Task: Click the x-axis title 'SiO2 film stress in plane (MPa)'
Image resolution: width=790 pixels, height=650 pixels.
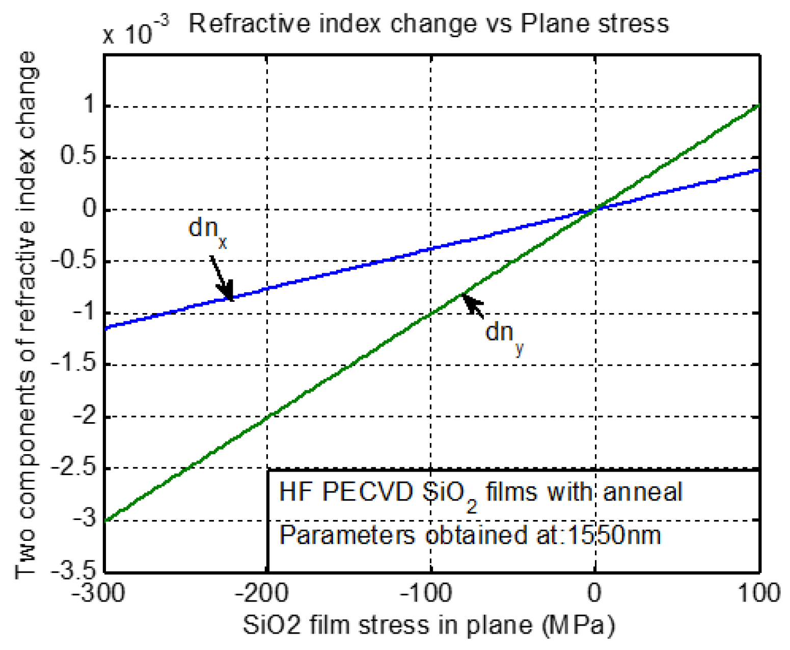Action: pyautogui.click(x=429, y=625)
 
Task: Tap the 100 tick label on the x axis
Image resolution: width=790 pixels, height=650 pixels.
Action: pyautogui.click(x=759, y=593)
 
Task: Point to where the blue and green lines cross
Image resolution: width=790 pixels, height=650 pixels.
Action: pyautogui.click(x=595, y=209)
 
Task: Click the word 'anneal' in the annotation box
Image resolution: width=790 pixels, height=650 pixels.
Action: pyautogui.click(x=642, y=492)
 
